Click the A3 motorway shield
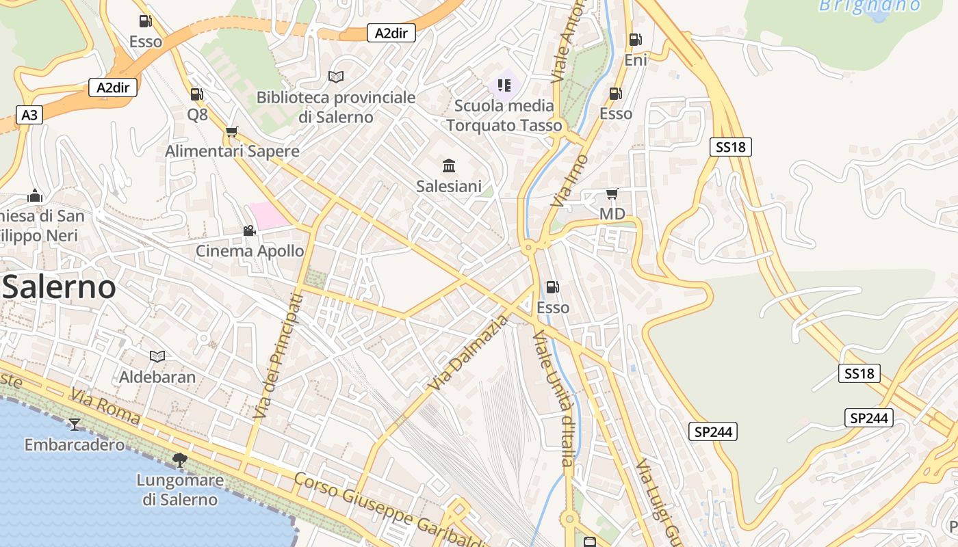click(29, 115)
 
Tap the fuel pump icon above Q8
click(196, 94)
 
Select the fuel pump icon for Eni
click(635, 40)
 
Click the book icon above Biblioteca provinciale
click(335, 77)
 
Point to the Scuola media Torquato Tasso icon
click(504, 85)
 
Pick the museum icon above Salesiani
click(449, 165)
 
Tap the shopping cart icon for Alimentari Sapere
click(232, 131)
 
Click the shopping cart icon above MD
click(612, 194)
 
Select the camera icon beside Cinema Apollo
click(249, 231)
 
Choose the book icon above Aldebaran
click(157, 356)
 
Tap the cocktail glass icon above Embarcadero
click(74, 425)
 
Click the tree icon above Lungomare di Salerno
click(180, 459)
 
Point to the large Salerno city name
click(59, 287)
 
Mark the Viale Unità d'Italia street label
click(554, 399)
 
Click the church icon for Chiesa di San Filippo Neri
click(35, 197)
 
